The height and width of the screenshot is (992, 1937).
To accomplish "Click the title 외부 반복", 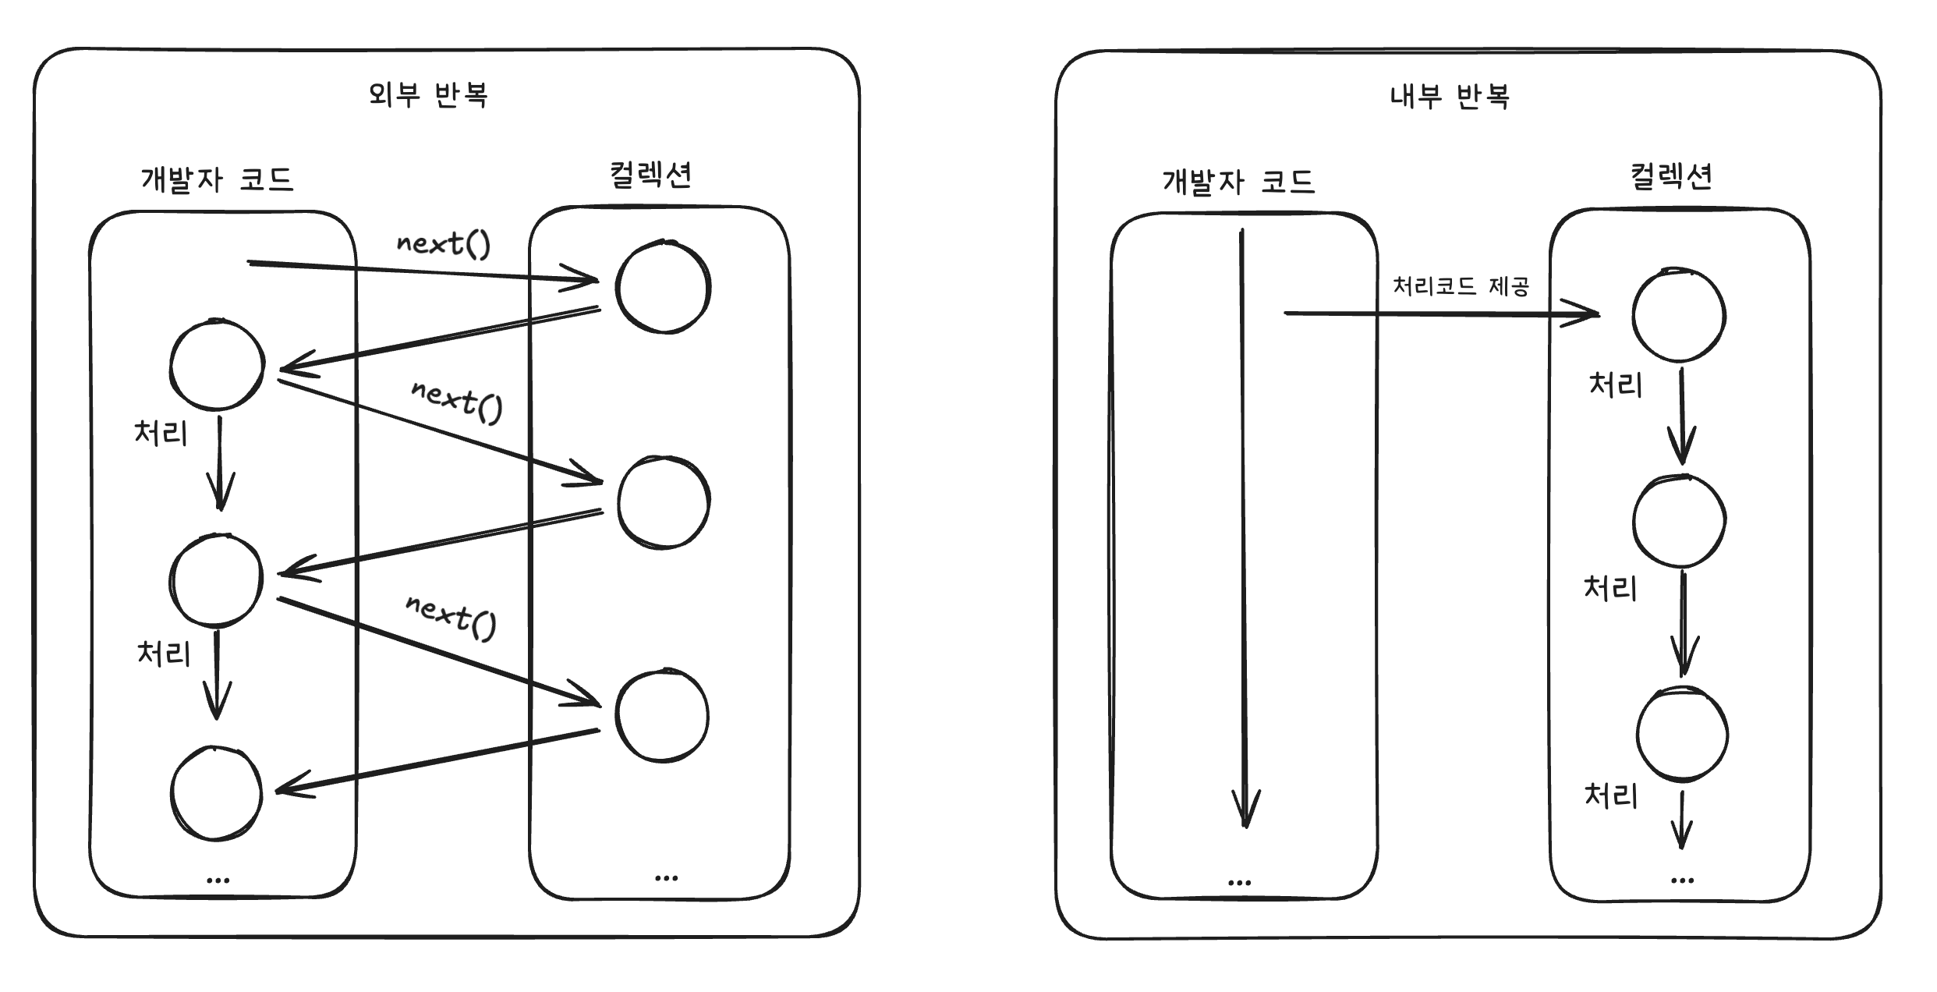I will coord(428,95).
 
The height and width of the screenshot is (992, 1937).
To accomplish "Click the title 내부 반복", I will coord(1450,97).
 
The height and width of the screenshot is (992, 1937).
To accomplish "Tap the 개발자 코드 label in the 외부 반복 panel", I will coord(217,179).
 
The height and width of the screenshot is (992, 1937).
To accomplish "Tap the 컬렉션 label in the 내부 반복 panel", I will coord(1671,176).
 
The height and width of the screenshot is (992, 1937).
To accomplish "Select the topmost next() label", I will coord(443,244).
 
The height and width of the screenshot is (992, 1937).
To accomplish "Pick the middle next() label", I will coord(457,401).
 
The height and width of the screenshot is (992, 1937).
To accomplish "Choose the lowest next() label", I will coord(451,615).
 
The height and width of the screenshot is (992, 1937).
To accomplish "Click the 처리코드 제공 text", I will coord(1461,286).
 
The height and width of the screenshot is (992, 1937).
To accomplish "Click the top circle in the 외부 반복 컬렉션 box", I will coord(663,288).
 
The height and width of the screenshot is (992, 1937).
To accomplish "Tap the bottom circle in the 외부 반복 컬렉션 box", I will coord(662,716).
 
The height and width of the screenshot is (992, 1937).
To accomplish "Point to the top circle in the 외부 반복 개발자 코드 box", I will coord(217,365).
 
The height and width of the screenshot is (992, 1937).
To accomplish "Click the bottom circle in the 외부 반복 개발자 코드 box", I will coord(216,794).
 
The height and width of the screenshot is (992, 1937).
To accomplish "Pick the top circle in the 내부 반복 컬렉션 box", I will coord(1679,315).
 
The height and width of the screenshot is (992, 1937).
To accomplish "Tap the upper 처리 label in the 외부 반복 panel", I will coord(161,432).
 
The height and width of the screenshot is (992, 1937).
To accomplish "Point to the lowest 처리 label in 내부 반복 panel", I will coord(1610,796).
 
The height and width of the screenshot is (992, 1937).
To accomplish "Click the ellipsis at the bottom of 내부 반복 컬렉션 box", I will coord(1682,880).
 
